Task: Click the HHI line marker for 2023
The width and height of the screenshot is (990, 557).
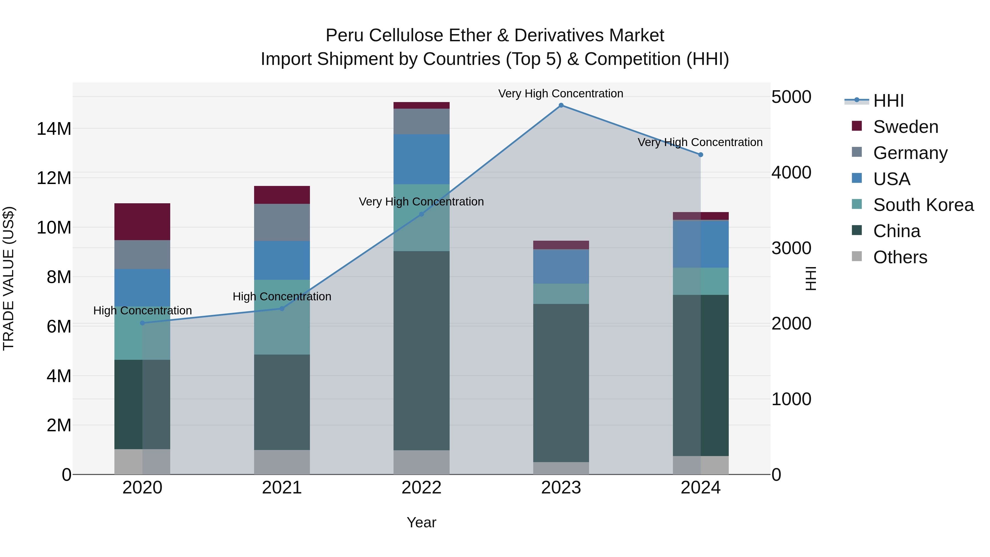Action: click(x=561, y=105)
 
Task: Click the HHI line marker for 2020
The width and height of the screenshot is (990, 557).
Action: click(x=142, y=323)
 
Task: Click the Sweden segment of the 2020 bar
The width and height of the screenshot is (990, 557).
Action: click(x=142, y=222)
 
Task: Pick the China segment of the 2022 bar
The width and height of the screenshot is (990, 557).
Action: click(x=421, y=351)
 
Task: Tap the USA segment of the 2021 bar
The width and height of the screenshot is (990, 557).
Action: click(x=282, y=260)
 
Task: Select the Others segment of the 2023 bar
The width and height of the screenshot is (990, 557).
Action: click(x=561, y=468)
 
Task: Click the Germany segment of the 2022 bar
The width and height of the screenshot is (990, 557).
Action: click(x=421, y=122)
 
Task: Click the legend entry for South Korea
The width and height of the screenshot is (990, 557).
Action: click(x=922, y=205)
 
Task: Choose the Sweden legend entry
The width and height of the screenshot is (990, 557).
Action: click(x=905, y=127)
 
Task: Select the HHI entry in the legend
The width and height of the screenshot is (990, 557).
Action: click(x=888, y=101)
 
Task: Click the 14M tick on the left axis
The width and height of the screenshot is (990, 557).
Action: click(x=54, y=129)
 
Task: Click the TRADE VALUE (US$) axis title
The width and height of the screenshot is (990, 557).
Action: click(x=9, y=278)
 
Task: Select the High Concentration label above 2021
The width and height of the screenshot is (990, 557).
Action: click(x=282, y=297)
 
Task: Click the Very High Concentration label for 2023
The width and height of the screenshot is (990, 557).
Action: click(x=561, y=94)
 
